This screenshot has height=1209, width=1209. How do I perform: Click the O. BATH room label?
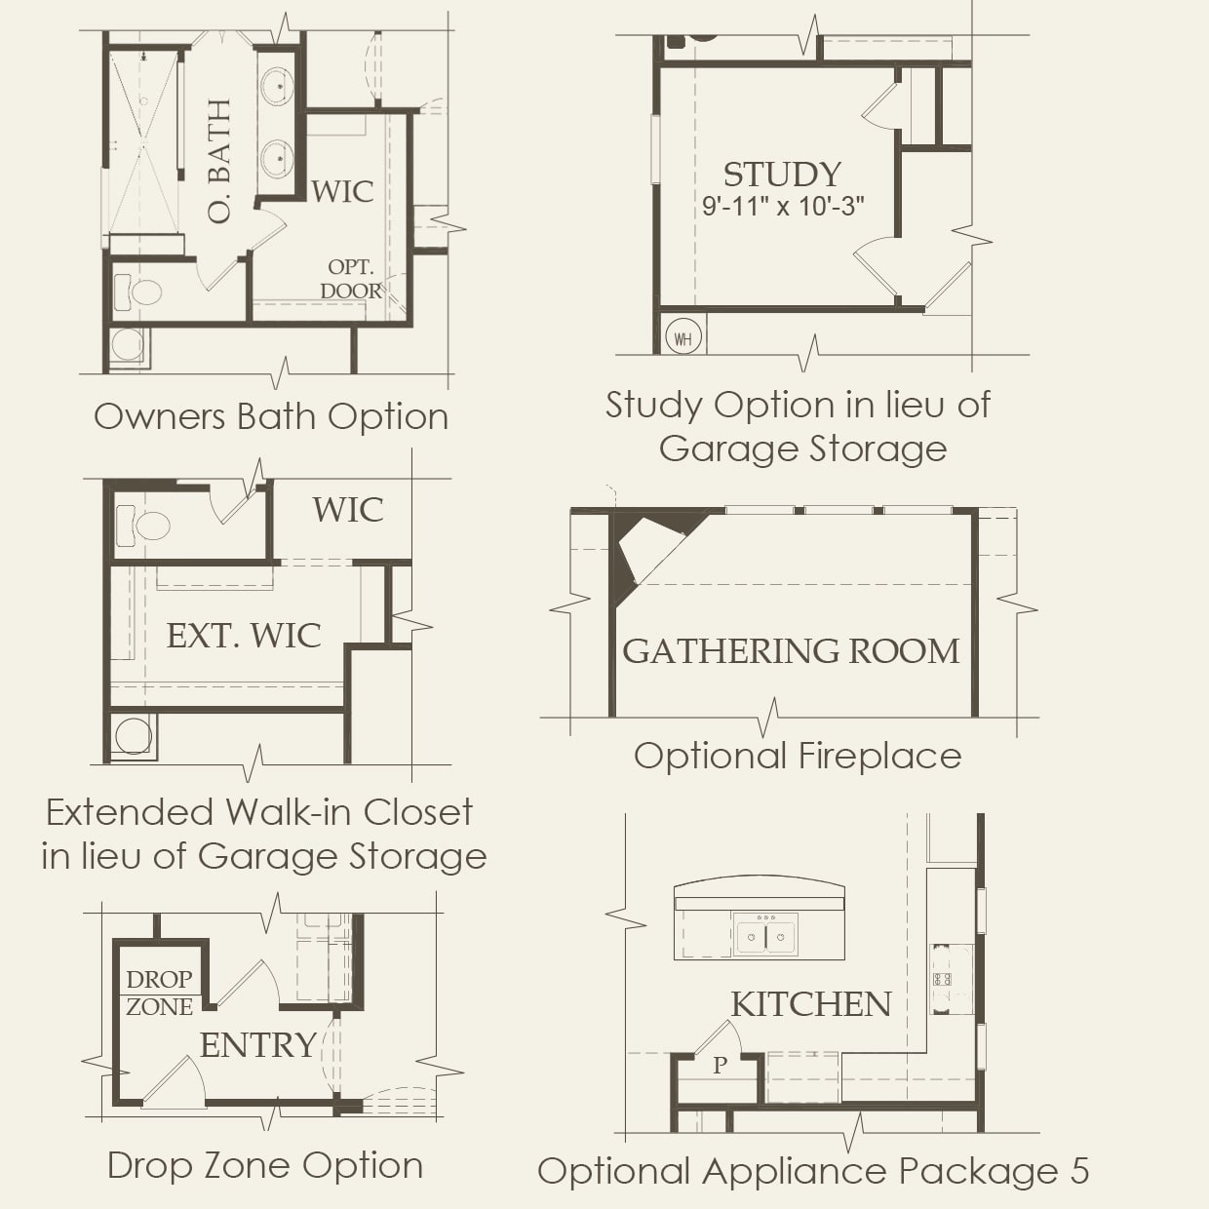(x=220, y=161)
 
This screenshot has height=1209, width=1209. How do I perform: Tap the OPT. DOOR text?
(x=351, y=279)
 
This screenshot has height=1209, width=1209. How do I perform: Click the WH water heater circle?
(x=682, y=338)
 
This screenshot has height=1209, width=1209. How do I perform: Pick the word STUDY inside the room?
(x=782, y=175)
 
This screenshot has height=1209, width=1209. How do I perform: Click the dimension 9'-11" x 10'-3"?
(x=783, y=207)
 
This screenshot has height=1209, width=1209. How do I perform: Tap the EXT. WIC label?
(x=244, y=636)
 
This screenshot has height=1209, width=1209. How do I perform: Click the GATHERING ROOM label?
(x=791, y=651)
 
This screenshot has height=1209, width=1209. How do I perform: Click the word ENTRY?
(x=258, y=1045)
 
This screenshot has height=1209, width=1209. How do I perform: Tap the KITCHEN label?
(x=811, y=1004)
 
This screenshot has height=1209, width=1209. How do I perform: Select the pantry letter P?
(x=720, y=1066)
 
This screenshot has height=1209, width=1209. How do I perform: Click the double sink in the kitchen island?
(x=765, y=936)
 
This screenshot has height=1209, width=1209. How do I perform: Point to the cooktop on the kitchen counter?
(x=942, y=979)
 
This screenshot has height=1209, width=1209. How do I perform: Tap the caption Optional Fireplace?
(x=798, y=756)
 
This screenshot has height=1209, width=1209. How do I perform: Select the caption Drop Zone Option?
(x=265, y=1165)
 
